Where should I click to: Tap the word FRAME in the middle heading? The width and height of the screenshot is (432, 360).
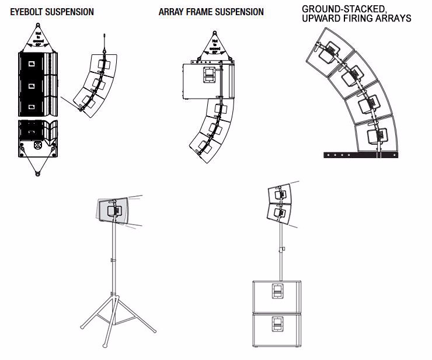pos(193,12)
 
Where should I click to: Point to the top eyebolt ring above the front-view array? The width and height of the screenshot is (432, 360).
pos(38,25)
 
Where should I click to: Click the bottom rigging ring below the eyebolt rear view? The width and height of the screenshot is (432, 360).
pos(38,173)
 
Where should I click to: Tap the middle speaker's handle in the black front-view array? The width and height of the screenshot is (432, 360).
pos(32,86)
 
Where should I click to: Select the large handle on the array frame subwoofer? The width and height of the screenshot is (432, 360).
pos(208,75)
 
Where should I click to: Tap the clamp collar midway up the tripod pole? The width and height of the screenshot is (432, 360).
pos(112,260)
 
